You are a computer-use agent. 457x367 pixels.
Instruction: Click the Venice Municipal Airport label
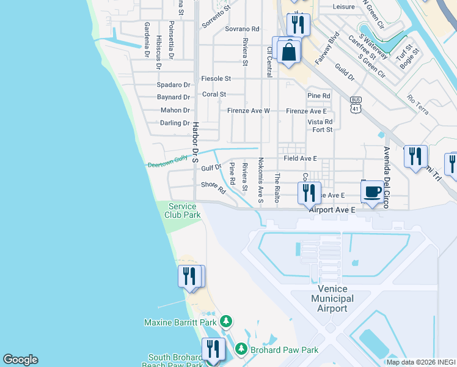[332, 298]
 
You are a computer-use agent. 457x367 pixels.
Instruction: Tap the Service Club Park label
[183, 211]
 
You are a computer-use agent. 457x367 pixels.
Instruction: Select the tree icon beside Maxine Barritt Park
[226, 322]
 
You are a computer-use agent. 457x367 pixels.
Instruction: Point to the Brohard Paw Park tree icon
[241, 349]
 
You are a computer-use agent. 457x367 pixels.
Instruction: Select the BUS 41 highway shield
[355, 105]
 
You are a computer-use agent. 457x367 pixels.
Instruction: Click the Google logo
[20, 360]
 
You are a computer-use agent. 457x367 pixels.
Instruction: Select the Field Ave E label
[300, 158]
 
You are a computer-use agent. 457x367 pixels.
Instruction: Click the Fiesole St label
[216, 79]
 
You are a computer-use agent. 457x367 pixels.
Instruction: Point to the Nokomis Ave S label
[260, 180]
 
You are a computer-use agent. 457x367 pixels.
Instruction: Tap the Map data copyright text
[421, 362]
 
